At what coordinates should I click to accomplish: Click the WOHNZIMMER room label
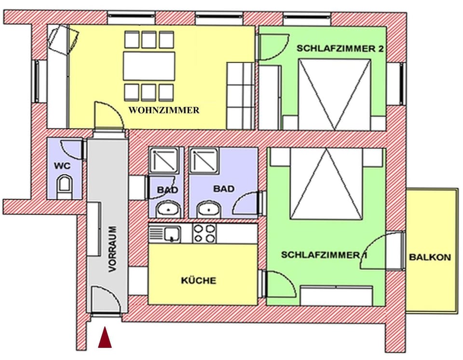[x=164, y=111]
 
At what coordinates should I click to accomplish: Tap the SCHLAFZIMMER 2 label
[x=336, y=49]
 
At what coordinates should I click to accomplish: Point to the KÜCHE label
[x=199, y=280]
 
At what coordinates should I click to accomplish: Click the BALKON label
[x=430, y=257]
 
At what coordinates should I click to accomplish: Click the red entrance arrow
[x=105, y=337]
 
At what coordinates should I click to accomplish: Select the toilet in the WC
[x=65, y=186]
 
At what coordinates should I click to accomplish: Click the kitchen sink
[x=170, y=234]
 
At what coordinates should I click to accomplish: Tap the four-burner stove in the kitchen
[x=204, y=234]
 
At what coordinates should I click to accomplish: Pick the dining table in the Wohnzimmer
[x=149, y=66]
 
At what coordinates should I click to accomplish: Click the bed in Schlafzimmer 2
[x=334, y=94]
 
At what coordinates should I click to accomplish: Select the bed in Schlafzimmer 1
[x=326, y=183]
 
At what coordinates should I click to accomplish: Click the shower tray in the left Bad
[x=164, y=160]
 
